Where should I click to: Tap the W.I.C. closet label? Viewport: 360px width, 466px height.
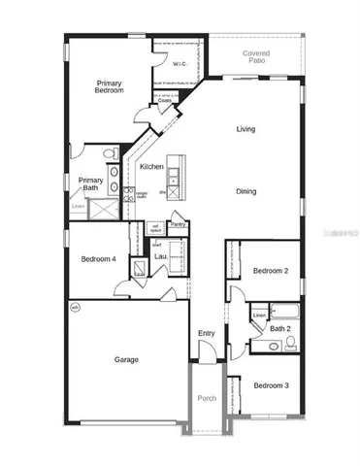click(x=180, y=65)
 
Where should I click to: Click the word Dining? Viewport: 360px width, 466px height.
click(x=245, y=191)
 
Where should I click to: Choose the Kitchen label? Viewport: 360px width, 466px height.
click(x=151, y=167)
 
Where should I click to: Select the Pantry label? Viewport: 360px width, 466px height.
click(x=178, y=224)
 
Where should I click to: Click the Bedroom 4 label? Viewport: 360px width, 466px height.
click(x=97, y=258)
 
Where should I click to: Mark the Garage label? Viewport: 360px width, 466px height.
click(x=125, y=360)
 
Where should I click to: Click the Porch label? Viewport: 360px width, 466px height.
click(x=206, y=398)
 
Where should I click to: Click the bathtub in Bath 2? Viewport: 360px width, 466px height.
click(x=287, y=313)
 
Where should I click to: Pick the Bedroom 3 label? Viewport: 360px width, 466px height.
click(x=271, y=385)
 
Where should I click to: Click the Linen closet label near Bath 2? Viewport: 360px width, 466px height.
click(x=258, y=316)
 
